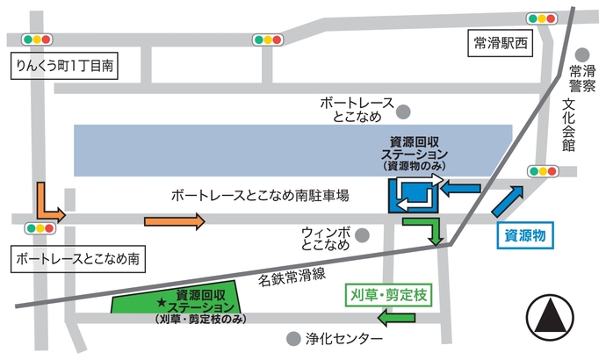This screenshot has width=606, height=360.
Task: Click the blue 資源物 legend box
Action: point(527,236)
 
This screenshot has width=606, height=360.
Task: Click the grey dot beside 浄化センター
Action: point(292,338)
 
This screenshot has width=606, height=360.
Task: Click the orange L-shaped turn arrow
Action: point(49,204)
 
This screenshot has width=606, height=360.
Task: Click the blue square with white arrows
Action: point(414,195)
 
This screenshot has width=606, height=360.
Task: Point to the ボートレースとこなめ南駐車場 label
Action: point(262,195)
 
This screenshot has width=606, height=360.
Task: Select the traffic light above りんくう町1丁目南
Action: point(39,40)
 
